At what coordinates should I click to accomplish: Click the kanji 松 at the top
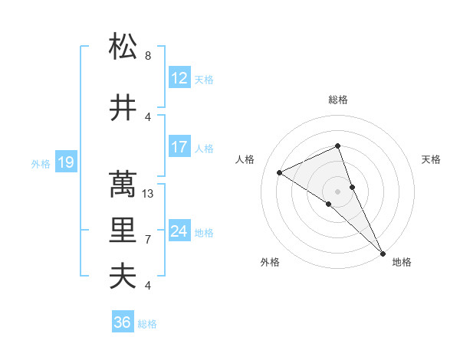(123, 47)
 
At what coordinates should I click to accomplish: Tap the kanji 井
(123, 108)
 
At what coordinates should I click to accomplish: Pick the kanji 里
(123, 230)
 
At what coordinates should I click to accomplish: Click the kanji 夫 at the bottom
(123, 276)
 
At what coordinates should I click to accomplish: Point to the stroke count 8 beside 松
(148, 56)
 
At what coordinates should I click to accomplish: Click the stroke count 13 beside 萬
(149, 194)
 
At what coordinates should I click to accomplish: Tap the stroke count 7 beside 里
(148, 240)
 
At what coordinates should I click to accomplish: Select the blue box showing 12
(179, 77)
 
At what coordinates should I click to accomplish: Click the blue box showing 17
(179, 146)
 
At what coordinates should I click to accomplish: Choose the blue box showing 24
(179, 231)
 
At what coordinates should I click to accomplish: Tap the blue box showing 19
(66, 162)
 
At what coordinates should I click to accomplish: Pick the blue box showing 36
(123, 322)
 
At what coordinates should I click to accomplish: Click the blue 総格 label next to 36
(147, 324)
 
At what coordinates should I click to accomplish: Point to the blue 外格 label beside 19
(41, 163)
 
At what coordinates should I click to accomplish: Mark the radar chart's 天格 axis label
(432, 159)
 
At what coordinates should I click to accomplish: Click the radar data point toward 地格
(383, 253)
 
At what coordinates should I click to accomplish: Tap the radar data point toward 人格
(280, 172)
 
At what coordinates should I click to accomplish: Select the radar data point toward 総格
(337, 146)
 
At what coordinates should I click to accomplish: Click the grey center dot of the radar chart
(337, 191)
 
